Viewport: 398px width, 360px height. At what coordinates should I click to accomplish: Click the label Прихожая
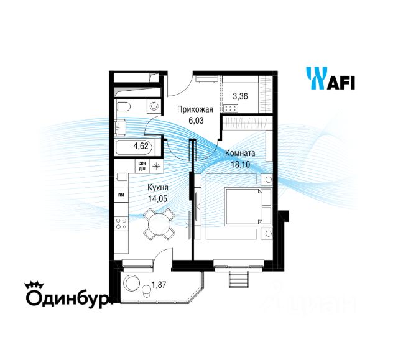tap(195, 110)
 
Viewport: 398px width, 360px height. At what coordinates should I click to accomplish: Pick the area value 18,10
tap(239, 164)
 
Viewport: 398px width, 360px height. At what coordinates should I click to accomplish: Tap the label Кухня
tap(156, 188)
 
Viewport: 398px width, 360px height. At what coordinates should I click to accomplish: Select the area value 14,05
tap(156, 199)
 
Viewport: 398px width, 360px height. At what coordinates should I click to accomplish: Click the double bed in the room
tap(243, 208)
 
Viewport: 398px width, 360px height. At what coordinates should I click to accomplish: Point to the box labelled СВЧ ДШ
tap(143, 166)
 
